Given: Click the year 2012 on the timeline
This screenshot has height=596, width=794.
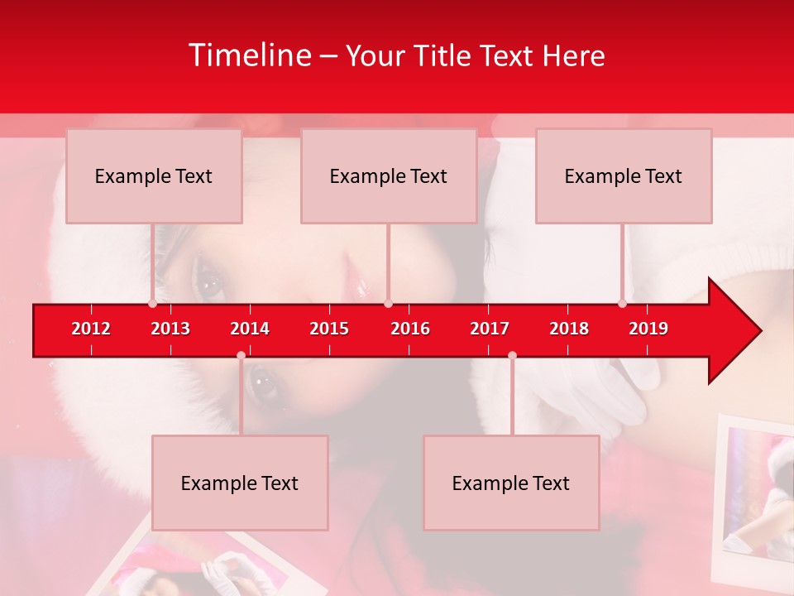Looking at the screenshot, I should [x=91, y=329].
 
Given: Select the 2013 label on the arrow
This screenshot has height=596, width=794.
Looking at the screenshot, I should [x=170, y=329].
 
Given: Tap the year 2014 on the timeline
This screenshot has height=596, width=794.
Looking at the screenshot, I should [x=250, y=329].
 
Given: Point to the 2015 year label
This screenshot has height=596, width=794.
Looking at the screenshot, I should [x=329, y=329].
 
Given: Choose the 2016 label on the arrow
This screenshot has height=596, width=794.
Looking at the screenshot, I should [x=410, y=329].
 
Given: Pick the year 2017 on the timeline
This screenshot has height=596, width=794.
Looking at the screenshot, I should [x=490, y=329].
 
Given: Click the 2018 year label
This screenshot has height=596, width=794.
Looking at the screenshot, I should [x=569, y=329].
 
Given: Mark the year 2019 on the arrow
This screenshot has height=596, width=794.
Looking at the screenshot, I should [x=648, y=329].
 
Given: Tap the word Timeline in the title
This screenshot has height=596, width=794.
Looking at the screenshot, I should [x=248, y=55].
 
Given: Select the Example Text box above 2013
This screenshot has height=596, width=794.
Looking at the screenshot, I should [x=154, y=175].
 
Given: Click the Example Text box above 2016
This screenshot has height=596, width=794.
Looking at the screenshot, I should [x=389, y=175].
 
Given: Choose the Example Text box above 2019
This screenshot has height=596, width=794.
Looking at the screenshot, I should [x=624, y=175].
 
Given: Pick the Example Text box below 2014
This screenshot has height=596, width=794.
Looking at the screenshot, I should [x=240, y=483].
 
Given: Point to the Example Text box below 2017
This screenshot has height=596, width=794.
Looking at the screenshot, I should [x=511, y=483].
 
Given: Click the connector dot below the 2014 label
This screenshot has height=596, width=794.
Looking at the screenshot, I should [x=241, y=355].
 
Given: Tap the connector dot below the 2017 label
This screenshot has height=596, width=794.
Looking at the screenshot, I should [x=512, y=355].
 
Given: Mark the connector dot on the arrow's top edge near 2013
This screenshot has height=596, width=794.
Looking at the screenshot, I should [x=152, y=304].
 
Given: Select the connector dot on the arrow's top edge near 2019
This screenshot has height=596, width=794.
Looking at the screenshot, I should [x=622, y=304].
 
